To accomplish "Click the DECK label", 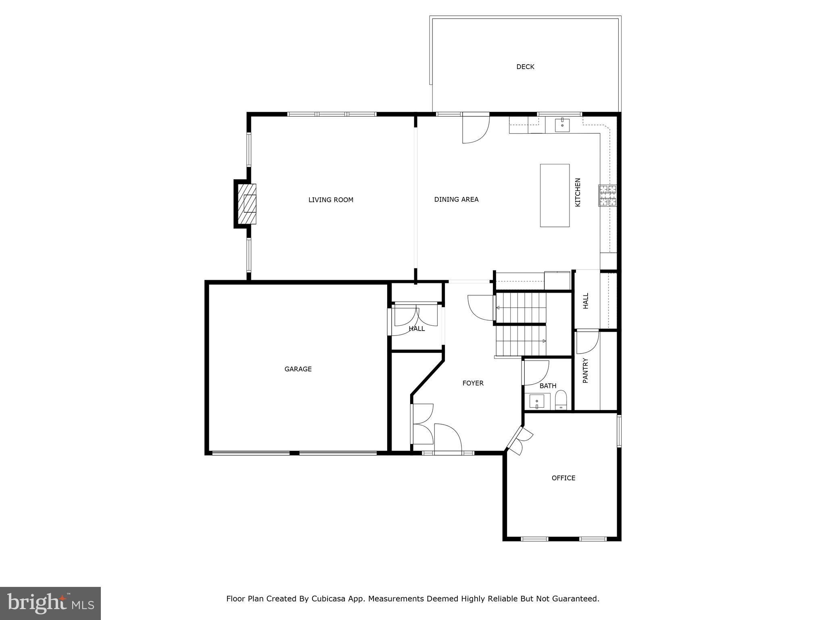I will (x=525, y=67).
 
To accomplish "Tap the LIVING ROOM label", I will (x=331, y=200).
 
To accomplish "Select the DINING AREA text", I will (x=456, y=199).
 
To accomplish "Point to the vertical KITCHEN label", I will (x=578, y=193).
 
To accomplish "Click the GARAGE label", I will (x=298, y=369).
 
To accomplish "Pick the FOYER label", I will (x=473, y=383).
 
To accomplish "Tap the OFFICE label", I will (x=563, y=478).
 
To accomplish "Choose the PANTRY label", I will (x=586, y=371).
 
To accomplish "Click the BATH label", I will (x=548, y=386).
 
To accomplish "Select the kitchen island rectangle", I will (x=555, y=195).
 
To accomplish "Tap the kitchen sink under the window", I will (x=562, y=125).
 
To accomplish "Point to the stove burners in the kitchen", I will (x=607, y=195).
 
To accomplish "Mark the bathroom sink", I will (x=536, y=401).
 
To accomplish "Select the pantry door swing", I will (x=587, y=342).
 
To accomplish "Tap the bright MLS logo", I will (x=50, y=603).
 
